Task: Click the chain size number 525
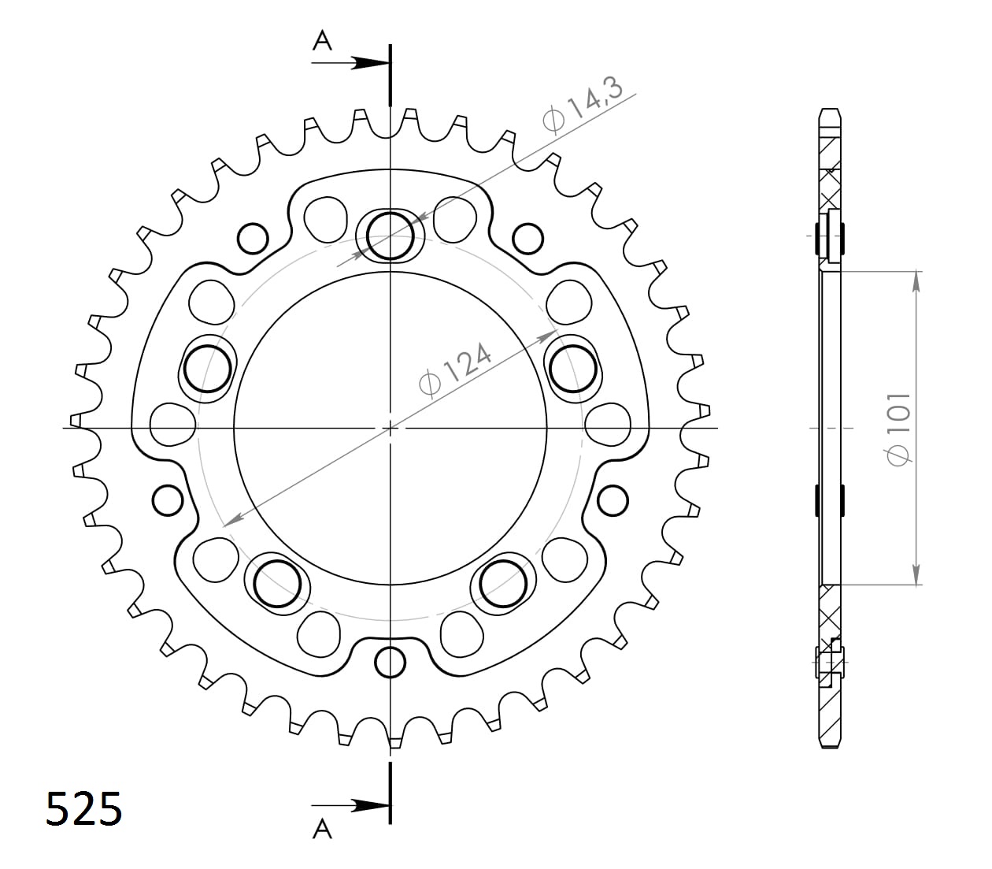[84, 808]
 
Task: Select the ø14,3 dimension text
[583, 104]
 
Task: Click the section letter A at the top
[322, 40]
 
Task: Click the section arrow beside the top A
[367, 63]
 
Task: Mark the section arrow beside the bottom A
[367, 805]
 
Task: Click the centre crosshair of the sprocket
[391, 428]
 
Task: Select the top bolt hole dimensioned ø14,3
[391, 234]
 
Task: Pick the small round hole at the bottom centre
[391, 663]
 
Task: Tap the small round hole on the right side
[613, 499]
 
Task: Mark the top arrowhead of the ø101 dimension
[915, 281]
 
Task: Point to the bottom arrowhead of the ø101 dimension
[915, 575]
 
